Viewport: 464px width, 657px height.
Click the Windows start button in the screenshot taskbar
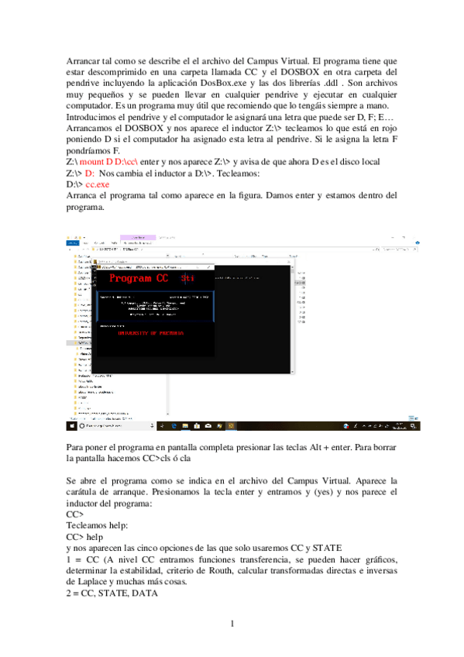pyautogui.click(x=70, y=426)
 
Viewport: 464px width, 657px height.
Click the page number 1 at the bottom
pyautogui.click(x=232, y=624)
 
